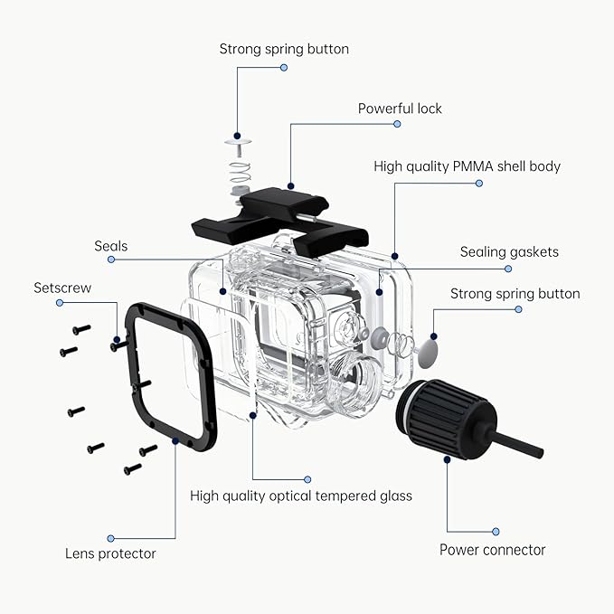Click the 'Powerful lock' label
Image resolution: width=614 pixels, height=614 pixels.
pyautogui.click(x=400, y=109)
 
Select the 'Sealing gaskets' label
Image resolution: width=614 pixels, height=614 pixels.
pyautogui.click(x=509, y=252)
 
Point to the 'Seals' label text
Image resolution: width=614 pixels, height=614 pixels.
pyautogui.click(x=111, y=246)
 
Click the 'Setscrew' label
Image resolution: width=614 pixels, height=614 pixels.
pyautogui.click(x=62, y=288)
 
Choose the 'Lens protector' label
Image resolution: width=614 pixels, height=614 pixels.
pyautogui.click(x=110, y=553)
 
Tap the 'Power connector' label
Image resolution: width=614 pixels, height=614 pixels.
pyautogui.click(x=492, y=550)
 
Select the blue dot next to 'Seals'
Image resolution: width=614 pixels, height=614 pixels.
pyautogui.click(x=111, y=260)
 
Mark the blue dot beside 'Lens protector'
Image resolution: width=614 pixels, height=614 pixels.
pyautogui.click(x=111, y=538)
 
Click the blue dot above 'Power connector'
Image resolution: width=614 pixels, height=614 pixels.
pyautogui.click(x=495, y=532)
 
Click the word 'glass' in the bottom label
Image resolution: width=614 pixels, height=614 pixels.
pyautogui.click(x=394, y=496)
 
